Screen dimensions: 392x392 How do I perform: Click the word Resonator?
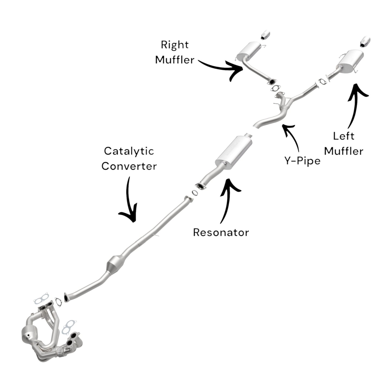pos(221,232)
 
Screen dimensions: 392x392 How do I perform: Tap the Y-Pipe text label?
pos(302,161)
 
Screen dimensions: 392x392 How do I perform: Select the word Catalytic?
pos(129,151)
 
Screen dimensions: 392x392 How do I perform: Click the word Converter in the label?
pos(129,166)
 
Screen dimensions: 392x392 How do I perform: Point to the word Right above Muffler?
pos(174,45)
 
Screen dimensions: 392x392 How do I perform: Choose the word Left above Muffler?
pos(343,136)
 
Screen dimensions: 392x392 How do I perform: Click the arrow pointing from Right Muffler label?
pos(222,68)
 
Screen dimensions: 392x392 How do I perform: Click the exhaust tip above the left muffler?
pos(365,40)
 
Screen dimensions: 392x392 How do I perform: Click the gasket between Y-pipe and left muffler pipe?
pos(322,81)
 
